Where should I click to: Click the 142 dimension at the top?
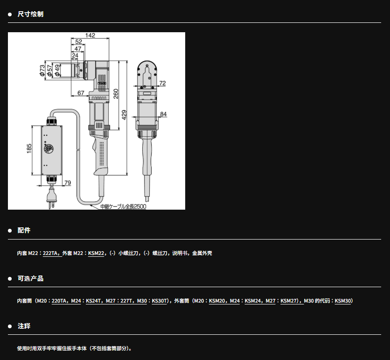tap(90, 35)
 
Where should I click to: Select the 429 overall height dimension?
tap(124, 115)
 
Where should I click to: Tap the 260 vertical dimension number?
tap(116, 93)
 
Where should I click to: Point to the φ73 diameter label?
tap(42, 70)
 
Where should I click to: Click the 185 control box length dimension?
tap(29, 148)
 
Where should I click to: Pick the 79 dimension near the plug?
tap(68, 183)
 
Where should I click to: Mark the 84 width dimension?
tap(163, 114)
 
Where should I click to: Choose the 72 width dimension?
tap(162, 83)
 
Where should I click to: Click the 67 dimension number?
tap(81, 93)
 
